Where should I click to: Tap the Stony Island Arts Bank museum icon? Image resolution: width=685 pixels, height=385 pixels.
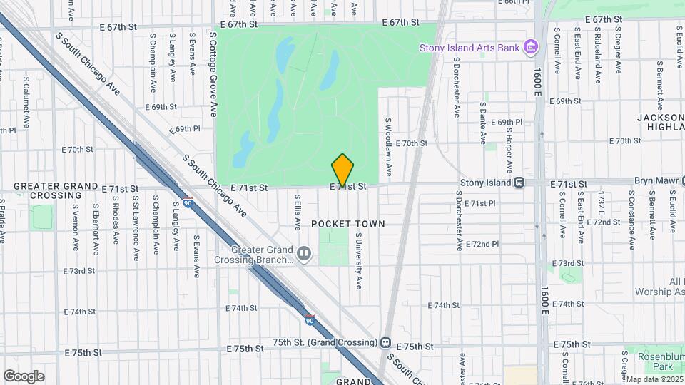coord(530,48)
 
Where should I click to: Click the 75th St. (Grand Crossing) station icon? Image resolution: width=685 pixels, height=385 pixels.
coord(386,342)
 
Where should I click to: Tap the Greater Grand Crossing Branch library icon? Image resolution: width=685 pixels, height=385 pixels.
coord(304,254)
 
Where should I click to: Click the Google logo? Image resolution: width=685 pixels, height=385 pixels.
coord(24,376)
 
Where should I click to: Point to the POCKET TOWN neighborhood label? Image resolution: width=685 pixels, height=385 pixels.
coord(347,224)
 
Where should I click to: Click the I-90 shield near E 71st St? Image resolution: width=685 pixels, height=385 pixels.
coord(187,202)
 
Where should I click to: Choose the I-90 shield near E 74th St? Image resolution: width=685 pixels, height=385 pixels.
coord(309,320)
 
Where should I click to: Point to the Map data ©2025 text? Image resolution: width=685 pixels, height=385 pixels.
coord(653,379)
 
